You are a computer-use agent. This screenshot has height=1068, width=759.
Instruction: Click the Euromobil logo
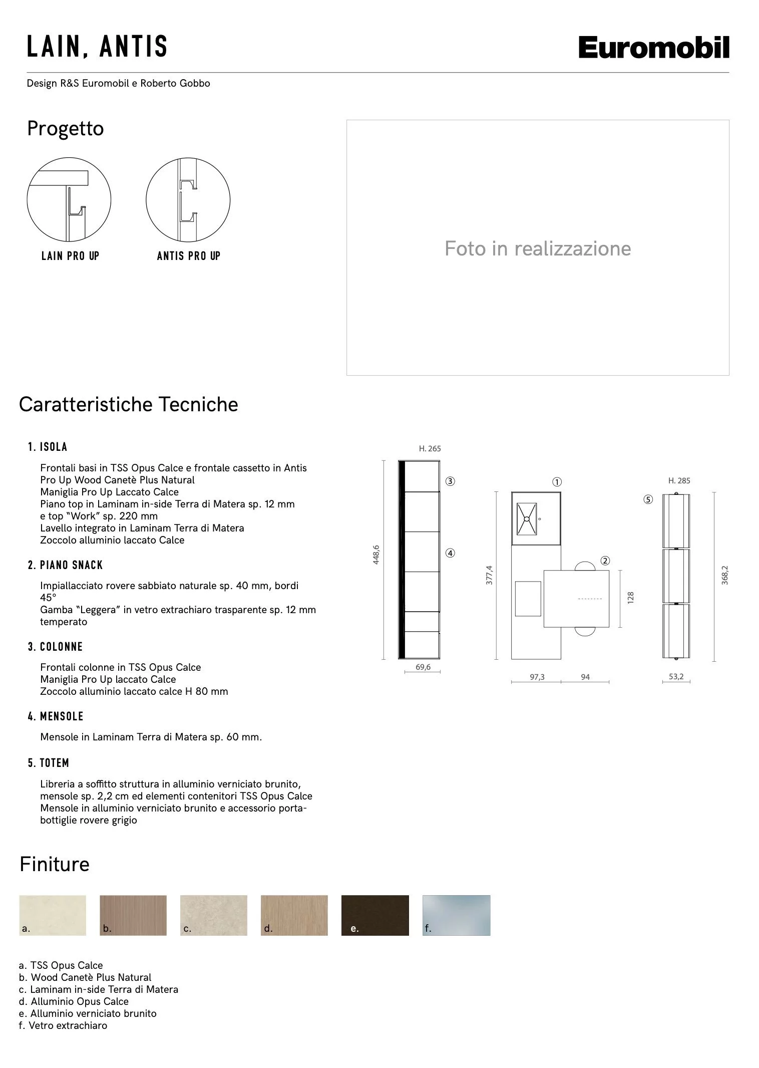point(653,48)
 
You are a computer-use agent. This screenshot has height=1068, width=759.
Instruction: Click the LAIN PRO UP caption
point(70,256)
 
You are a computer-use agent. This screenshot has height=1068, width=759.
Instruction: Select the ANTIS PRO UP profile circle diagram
point(188,200)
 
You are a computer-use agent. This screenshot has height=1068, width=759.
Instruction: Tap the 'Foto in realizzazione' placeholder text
point(537,248)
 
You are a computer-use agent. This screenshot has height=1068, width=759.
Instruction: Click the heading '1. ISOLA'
point(48,447)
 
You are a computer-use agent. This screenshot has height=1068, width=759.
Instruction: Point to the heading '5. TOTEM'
point(49,763)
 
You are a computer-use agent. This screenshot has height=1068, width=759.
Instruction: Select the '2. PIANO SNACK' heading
point(65,565)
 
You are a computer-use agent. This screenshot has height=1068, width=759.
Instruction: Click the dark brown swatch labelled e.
point(375,915)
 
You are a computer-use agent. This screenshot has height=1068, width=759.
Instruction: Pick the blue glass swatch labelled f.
point(456,915)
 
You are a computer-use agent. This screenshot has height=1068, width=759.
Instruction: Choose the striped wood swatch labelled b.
point(133,915)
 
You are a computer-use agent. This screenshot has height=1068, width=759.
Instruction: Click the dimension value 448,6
point(376,555)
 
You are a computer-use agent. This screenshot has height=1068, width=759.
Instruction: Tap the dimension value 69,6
point(423,667)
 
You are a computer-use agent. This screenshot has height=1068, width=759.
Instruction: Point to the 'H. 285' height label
point(679,481)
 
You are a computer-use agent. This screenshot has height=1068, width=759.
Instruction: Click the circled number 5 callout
point(648,499)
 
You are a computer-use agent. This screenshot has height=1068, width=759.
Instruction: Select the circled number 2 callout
point(605,561)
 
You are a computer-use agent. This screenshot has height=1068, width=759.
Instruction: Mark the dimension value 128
point(630,598)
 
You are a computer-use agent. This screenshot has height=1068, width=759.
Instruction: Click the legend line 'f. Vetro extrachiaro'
point(63,1025)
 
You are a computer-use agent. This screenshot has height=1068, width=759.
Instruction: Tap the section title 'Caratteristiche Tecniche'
point(128,404)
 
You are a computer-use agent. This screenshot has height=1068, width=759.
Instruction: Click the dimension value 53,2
point(676,677)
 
